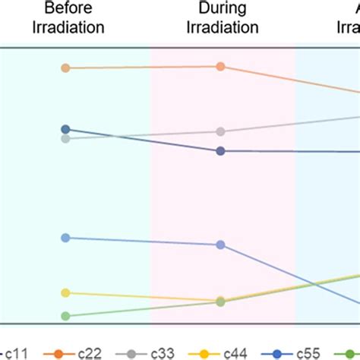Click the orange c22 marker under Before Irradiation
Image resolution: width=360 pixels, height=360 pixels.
65,68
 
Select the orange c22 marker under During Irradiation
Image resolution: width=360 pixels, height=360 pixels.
220,67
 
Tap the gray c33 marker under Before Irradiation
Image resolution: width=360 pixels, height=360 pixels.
65,138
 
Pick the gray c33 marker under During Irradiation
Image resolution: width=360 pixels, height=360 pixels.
220,131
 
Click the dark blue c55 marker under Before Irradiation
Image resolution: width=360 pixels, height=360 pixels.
65,129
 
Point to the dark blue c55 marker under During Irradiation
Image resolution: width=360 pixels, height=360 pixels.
220,151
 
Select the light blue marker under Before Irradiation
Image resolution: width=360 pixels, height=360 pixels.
65,238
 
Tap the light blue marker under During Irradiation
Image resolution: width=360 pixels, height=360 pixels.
220,245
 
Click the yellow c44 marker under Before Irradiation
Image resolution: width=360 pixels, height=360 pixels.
65,293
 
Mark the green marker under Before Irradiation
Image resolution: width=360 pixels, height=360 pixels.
65,316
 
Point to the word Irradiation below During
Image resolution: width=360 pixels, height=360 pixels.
220,27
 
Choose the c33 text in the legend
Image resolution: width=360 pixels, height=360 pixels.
164,352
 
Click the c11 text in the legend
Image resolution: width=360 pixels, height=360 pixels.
16,352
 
